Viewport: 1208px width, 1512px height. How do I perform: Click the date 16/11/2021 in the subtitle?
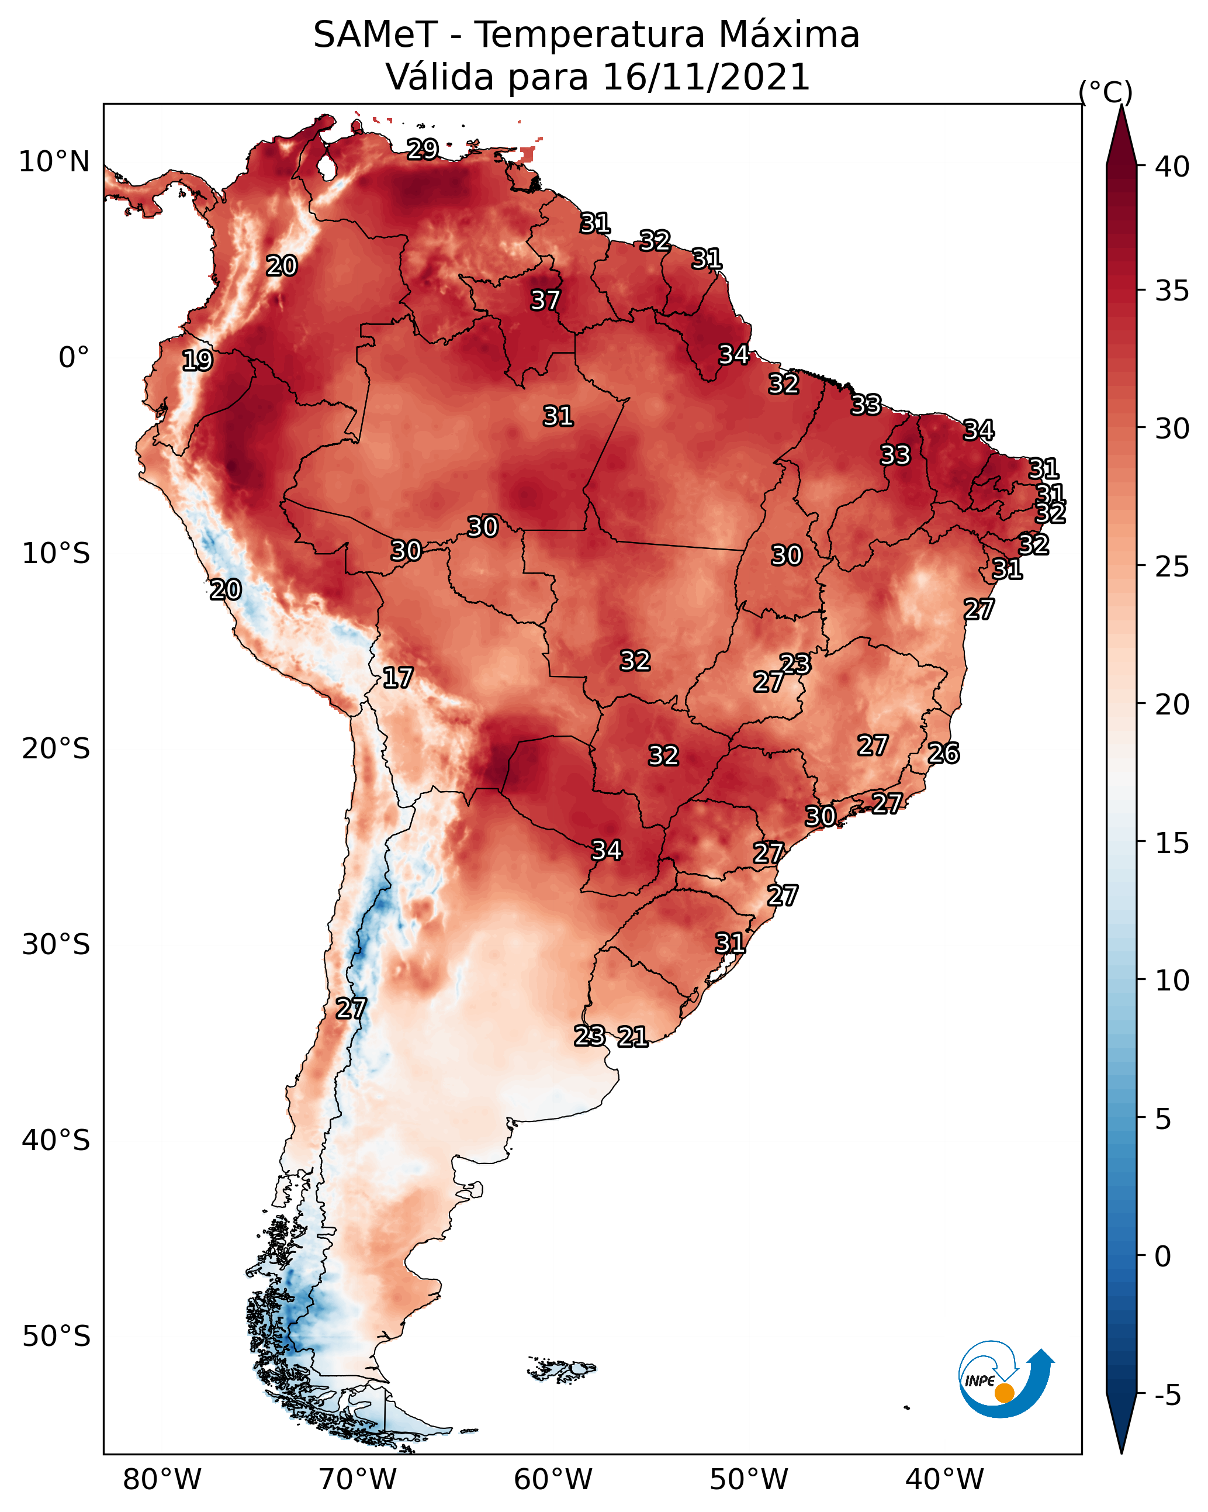(x=706, y=77)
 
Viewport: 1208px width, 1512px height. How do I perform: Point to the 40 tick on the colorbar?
(x=1172, y=167)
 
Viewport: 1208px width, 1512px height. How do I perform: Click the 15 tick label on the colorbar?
(x=1172, y=843)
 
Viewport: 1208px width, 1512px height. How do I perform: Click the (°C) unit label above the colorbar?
(x=1106, y=92)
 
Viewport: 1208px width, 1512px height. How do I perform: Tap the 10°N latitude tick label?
(x=54, y=162)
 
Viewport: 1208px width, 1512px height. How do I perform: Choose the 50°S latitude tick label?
(x=56, y=1337)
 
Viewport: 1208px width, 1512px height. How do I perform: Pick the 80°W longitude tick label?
(x=162, y=1479)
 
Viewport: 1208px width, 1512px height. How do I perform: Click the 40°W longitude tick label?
(x=944, y=1479)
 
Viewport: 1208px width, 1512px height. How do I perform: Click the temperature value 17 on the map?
(x=397, y=678)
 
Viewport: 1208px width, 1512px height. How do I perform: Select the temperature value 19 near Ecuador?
(x=197, y=361)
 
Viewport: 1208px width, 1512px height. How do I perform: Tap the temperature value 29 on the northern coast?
(x=423, y=149)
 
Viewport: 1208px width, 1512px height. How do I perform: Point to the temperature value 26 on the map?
(x=944, y=754)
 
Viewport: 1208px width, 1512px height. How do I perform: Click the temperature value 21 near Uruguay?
(x=632, y=1037)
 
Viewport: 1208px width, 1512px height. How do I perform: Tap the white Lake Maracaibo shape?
(x=326, y=167)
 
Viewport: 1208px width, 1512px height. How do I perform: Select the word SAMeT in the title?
(x=376, y=35)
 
